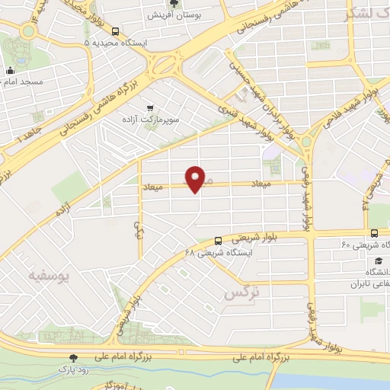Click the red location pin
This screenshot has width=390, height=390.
(197, 177)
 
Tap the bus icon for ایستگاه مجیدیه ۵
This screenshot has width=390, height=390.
(115, 31)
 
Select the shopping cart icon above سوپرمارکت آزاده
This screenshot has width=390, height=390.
(150, 108)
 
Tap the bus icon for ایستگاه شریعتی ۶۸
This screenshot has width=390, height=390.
(219, 240)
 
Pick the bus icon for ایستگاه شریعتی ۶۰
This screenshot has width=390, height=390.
(373, 233)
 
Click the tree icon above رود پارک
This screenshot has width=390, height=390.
(73, 357)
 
